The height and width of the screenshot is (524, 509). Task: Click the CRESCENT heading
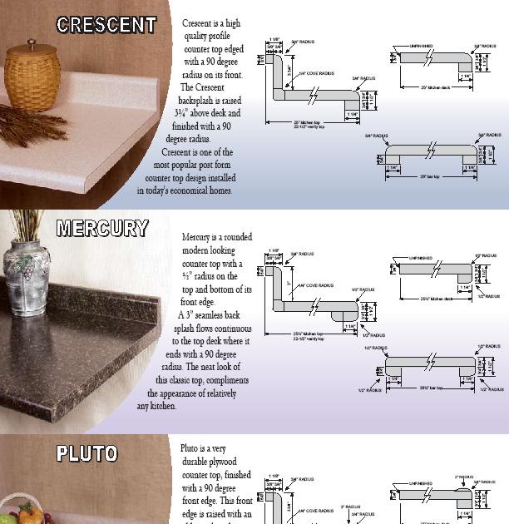click(106, 26)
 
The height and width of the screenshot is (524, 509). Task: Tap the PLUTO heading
click(87, 454)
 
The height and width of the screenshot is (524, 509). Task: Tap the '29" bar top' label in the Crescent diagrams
click(428, 176)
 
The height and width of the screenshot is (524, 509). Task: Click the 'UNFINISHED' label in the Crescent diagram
click(421, 47)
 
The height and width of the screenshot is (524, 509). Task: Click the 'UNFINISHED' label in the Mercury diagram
click(421, 259)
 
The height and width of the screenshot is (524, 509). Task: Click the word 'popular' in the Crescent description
click(185, 165)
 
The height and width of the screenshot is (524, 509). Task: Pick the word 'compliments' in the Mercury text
click(221, 380)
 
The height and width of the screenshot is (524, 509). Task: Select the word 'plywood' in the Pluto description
click(221, 462)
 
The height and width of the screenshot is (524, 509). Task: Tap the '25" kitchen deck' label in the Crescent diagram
click(435, 87)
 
